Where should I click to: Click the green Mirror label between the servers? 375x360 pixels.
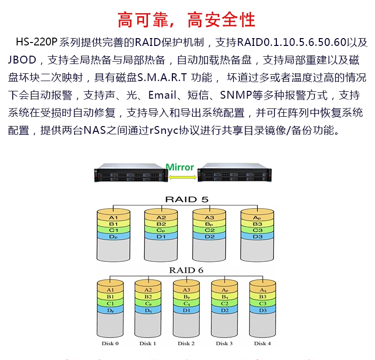point(180,168)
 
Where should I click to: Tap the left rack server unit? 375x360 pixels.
point(129,174)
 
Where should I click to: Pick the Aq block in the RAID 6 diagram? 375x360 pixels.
point(263,290)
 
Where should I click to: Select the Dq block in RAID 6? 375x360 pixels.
point(148,310)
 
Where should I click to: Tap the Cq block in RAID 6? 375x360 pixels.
point(186,303)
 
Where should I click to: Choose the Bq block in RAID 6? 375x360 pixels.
point(225,296)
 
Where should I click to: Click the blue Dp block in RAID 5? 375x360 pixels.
point(114,236)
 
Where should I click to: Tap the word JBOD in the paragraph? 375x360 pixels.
point(22,60)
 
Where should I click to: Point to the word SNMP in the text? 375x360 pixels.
point(237,95)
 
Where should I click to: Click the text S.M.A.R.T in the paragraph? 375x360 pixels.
point(161,77)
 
